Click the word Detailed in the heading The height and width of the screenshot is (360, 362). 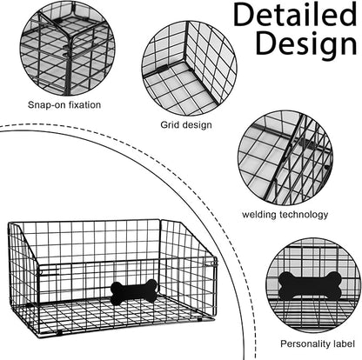[x=295, y=15]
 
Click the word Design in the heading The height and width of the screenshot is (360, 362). [x=306, y=45]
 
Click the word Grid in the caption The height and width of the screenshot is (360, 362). [x=169, y=124]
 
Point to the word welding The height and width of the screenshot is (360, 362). [x=259, y=215]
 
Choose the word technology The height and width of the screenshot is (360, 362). [x=304, y=215]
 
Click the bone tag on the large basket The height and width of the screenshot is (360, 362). [x=134, y=291]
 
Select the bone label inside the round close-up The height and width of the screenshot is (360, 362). [x=309, y=284]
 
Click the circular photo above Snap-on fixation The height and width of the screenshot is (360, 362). [x=67, y=49]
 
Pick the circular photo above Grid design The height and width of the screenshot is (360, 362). [x=189, y=68]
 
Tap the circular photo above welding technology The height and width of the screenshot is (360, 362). [x=285, y=157]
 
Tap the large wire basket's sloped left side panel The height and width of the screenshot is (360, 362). [x=23, y=278]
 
